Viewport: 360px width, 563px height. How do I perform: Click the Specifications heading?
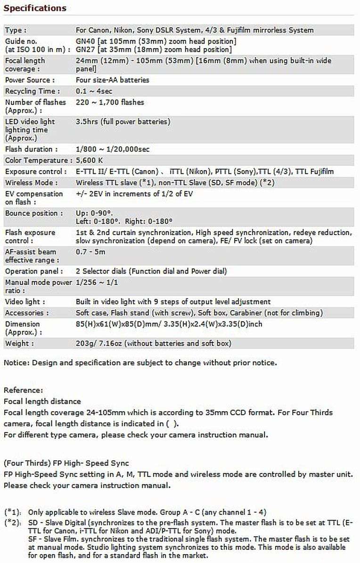pos(35,8)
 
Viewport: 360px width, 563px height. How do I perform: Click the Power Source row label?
pos(30,80)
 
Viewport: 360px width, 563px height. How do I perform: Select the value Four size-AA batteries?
pos(112,80)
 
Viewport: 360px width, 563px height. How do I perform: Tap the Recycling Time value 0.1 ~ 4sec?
pos(94,91)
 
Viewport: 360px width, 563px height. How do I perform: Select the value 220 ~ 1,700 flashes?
pos(110,102)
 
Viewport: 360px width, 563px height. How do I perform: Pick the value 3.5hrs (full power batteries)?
pos(123,122)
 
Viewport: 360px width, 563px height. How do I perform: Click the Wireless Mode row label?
pos(32,183)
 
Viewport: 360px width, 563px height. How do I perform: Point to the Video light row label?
pos(25,302)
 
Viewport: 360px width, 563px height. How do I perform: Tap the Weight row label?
pos(19,343)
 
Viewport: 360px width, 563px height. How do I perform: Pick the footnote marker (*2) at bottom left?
pos(13,522)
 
